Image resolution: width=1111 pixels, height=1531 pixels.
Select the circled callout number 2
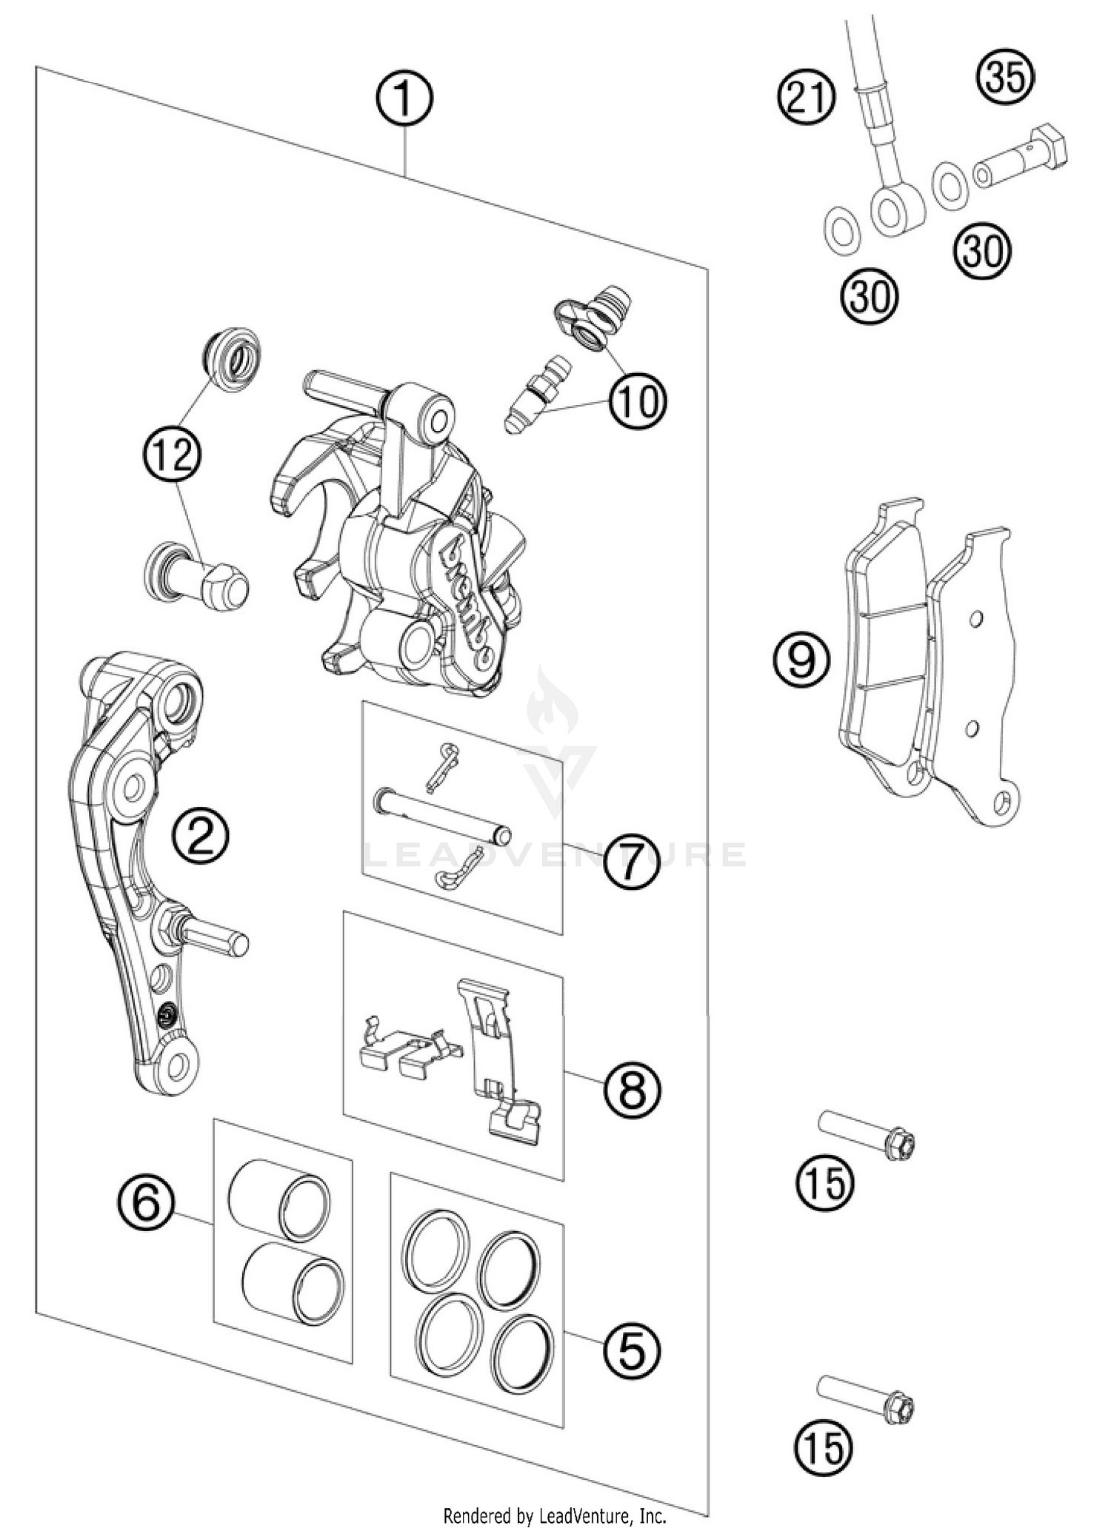pos(201,835)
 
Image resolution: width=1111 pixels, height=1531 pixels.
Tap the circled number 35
pos(1005,78)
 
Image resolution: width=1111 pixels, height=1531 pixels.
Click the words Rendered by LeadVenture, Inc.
pos(555,1516)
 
